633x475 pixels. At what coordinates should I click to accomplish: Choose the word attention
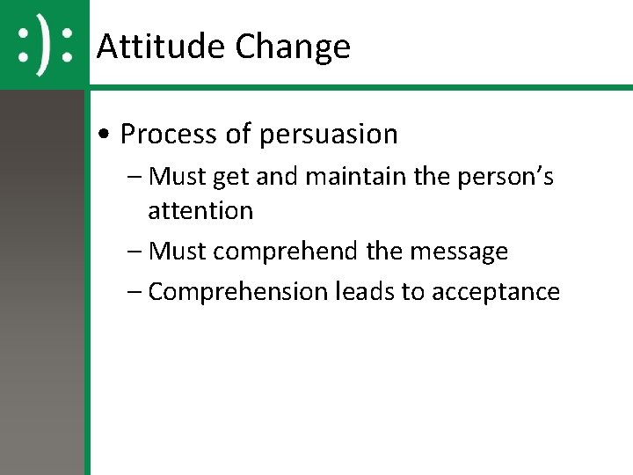click(200, 211)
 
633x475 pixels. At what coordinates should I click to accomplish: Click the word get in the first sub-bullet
click(231, 178)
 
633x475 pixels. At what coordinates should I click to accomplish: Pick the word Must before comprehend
click(178, 252)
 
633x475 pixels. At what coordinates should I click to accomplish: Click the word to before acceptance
click(412, 292)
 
